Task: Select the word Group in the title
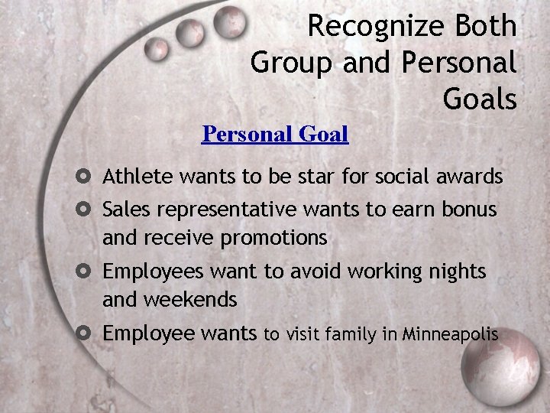point(293,63)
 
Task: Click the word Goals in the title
point(479,98)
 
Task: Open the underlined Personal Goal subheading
point(274,135)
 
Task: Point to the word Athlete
point(138,177)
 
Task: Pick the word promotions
point(273,238)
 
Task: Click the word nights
point(455,272)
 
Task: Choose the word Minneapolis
point(451,334)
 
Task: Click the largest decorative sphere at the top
point(228,23)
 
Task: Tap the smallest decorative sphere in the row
point(157,50)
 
